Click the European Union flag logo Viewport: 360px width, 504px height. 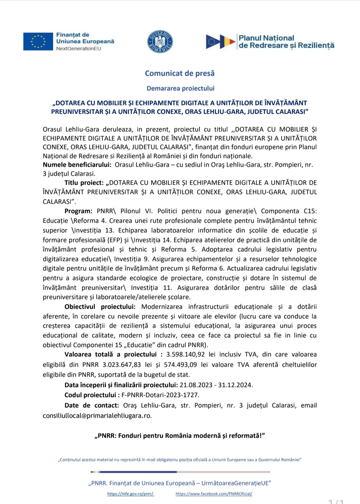[38, 41]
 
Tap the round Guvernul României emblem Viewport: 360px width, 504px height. [160, 42]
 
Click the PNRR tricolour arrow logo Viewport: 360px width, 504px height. [220, 42]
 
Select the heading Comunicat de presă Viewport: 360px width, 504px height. [180, 73]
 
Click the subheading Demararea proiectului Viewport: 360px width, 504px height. [180, 88]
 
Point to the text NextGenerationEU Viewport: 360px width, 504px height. [79, 49]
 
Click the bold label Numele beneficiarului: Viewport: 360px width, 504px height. [77, 165]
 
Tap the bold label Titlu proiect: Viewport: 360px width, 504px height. [84, 183]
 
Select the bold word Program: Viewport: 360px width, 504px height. [78, 211]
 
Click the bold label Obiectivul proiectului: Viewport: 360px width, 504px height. [100, 307]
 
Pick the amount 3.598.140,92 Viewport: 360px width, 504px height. [186, 354]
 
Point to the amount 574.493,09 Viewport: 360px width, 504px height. [180, 365]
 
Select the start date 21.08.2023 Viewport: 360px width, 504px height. [196, 385]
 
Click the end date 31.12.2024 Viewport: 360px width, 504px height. [235, 385]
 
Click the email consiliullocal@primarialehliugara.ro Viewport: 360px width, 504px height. [97, 416]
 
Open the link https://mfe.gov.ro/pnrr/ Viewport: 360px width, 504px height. [131, 494]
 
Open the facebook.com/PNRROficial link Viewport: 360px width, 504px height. [214, 494]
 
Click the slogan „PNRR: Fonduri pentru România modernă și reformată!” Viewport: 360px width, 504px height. [180, 436]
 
